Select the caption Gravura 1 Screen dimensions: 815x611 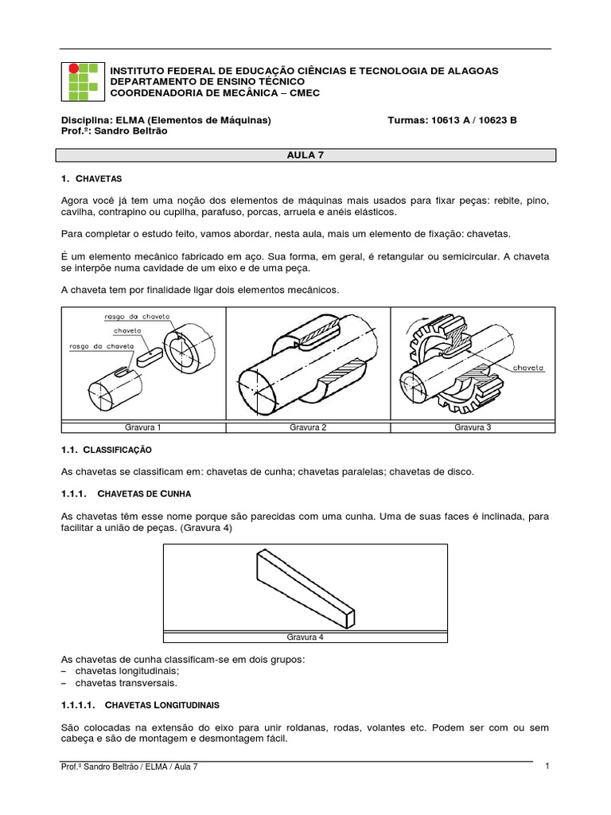point(143,427)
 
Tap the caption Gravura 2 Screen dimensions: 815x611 point(308,427)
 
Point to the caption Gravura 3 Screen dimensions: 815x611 point(473,427)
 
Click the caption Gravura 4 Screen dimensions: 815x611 point(305,637)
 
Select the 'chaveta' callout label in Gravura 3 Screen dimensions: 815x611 point(527,368)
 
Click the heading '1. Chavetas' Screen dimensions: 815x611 point(91,179)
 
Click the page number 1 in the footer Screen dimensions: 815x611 point(548,766)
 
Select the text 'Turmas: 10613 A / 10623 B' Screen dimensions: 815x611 point(451,120)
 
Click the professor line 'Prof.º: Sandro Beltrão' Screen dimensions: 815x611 point(114,131)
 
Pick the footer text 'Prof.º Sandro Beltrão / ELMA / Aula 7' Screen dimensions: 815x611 point(129,766)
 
